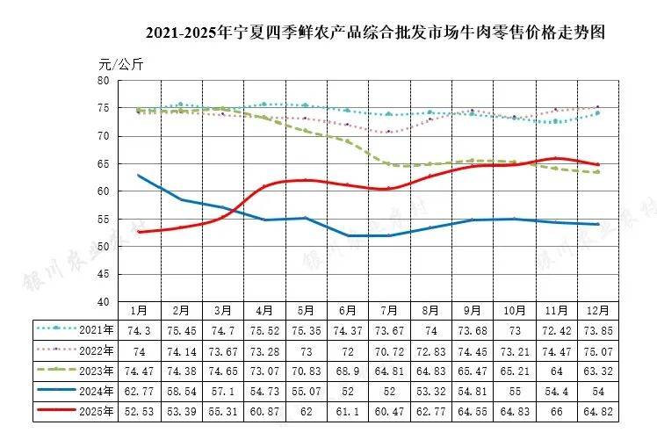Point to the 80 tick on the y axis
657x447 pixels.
[x=103, y=81]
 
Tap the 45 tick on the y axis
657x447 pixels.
[x=103, y=274]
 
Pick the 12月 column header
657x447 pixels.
[x=599, y=311]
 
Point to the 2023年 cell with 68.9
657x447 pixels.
[x=348, y=370]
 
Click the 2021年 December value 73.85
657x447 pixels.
[x=599, y=330]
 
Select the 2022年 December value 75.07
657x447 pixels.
[x=599, y=350]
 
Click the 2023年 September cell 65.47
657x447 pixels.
[x=473, y=370]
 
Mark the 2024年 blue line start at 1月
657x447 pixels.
[x=139, y=176]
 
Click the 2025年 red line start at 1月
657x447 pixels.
[x=139, y=232]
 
